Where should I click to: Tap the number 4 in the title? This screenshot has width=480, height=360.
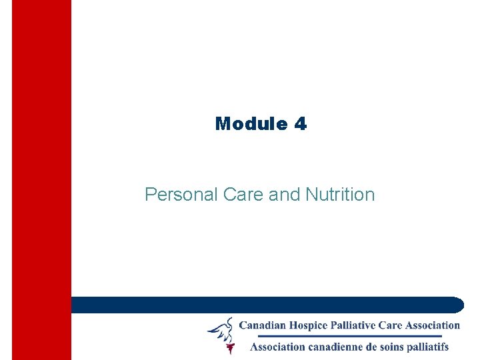299,124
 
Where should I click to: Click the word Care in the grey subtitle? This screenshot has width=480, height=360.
243,195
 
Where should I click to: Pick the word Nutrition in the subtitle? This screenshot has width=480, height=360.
340,195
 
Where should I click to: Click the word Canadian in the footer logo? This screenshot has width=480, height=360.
265,325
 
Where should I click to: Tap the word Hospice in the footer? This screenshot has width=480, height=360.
315,325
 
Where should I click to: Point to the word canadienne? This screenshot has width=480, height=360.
340,347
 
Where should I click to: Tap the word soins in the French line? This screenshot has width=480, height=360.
393,347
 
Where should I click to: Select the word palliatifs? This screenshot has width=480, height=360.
428,347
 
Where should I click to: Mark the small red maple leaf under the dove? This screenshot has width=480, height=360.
230,348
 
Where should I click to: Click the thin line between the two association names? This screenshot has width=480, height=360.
340,336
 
